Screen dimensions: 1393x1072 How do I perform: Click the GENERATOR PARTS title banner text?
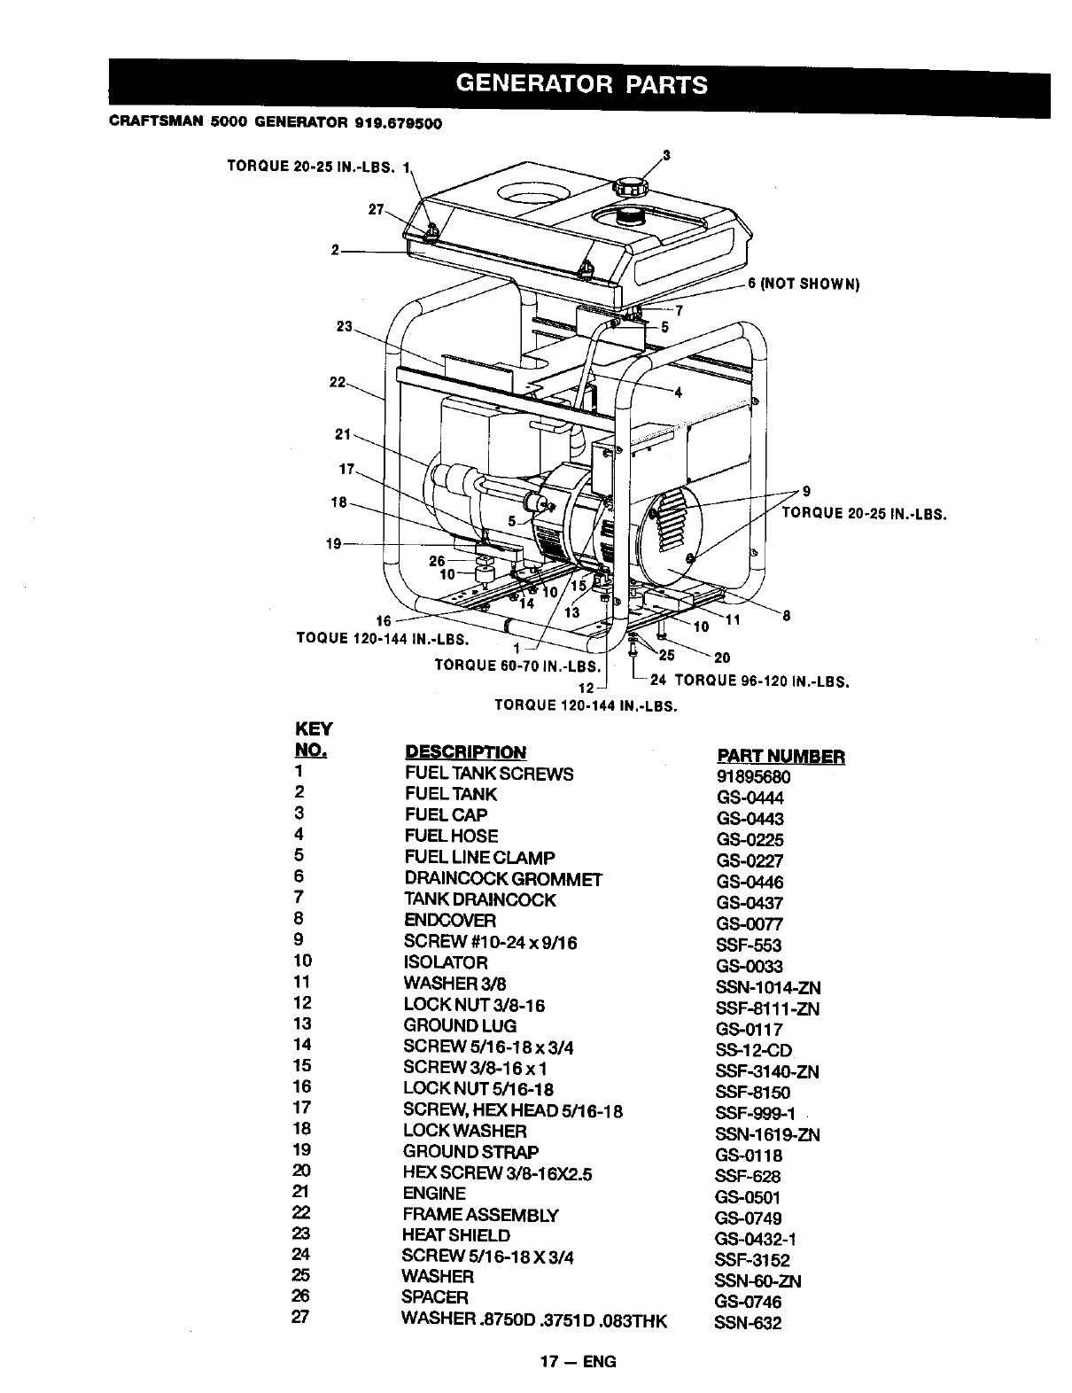click(581, 84)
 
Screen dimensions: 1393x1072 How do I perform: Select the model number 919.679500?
click(397, 123)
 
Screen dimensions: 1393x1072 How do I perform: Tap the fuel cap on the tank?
click(630, 186)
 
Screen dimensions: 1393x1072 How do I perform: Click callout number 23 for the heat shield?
click(344, 327)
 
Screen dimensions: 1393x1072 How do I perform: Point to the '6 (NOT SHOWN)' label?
click(804, 284)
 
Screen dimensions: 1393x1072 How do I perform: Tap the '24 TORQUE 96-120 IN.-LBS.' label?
click(750, 681)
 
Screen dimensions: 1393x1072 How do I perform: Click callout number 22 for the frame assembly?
click(337, 382)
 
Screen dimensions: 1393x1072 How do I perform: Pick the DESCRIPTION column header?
click(465, 752)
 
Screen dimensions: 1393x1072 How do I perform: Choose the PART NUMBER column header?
click(780, 756)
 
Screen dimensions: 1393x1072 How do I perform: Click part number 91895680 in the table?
click(753, 777)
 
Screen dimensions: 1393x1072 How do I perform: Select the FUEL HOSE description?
click(451, 836)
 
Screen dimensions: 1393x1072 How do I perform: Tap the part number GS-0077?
click(750, 924)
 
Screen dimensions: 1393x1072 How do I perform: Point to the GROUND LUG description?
click(460, 1025)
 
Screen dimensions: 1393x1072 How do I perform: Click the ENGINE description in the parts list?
click(434, 1193)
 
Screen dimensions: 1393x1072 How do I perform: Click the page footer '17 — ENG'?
click(580, 1362)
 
